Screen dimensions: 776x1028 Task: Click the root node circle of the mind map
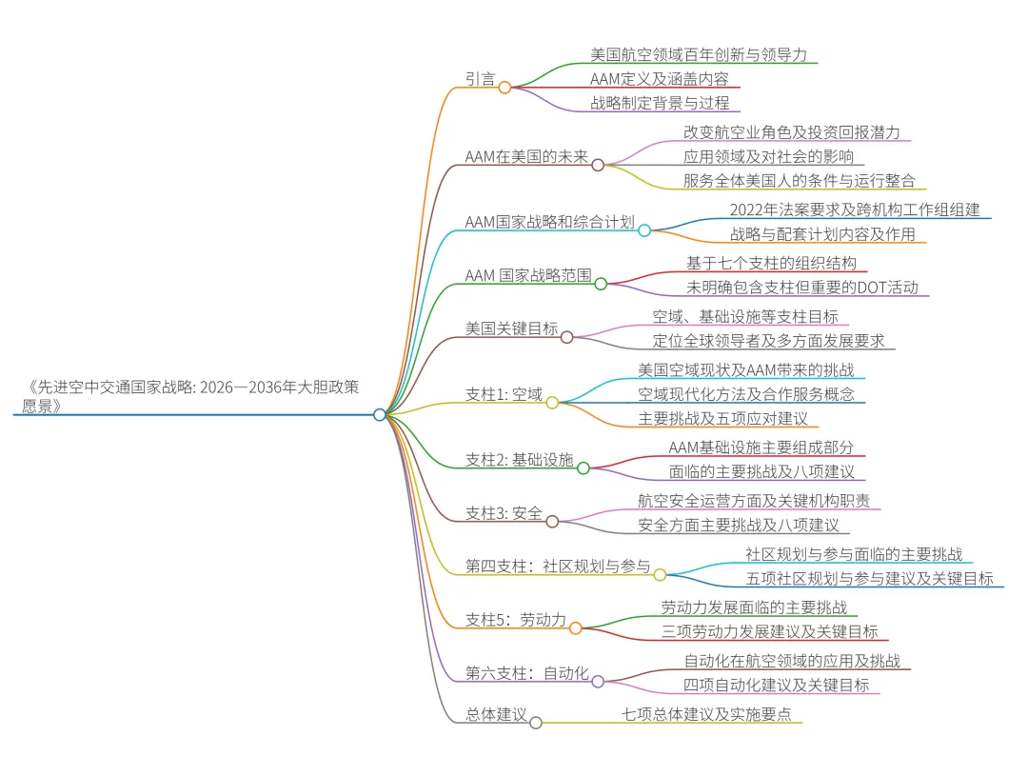[380, 414]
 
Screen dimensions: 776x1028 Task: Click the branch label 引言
[481, 79]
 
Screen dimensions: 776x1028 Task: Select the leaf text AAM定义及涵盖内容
[660, 79]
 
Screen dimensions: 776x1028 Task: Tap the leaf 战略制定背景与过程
[660, 103]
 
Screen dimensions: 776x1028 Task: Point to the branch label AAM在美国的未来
[526, 156]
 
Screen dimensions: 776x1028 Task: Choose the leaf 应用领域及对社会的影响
[768, 156]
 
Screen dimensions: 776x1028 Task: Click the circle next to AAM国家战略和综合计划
[644, 230]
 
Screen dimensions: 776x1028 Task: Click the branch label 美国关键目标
[511, 328]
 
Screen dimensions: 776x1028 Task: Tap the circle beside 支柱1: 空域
[552, 403]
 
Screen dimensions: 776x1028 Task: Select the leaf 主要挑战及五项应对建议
[722, 419]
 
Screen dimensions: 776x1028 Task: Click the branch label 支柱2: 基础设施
[520, 460]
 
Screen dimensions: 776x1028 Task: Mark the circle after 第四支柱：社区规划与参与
[660, 574]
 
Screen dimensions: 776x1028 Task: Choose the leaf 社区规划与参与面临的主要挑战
[854, 553]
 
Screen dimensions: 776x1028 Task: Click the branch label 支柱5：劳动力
[514, 620]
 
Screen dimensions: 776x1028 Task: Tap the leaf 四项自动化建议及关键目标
[776, 685]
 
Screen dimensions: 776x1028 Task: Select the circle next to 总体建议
[536, 723]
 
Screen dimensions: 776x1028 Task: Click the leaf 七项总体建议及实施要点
[707, 713]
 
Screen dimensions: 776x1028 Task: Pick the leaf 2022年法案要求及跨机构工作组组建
[855, 209]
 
